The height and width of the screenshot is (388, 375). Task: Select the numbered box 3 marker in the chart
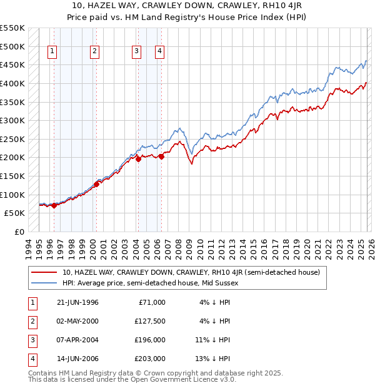(x=136, y=51)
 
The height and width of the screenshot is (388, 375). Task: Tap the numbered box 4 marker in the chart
(x=159, y=51)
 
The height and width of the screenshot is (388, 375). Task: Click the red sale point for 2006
(x=161, y=156)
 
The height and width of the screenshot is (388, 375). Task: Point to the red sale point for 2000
(x=96, y=184)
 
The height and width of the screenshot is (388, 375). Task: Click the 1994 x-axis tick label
(x=29, y=247)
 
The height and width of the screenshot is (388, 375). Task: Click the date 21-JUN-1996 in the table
(x=77, y=302)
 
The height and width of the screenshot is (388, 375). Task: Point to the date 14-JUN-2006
(x=77, y=359)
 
